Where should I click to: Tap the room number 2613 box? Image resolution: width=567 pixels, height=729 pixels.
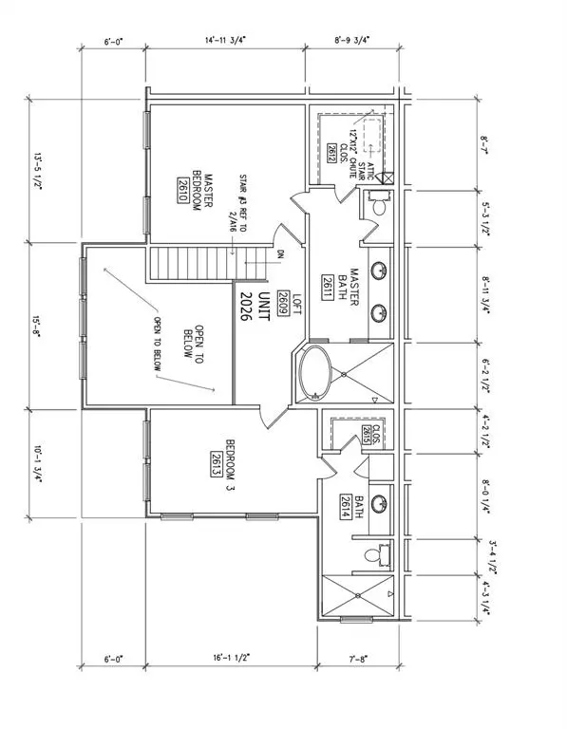217,462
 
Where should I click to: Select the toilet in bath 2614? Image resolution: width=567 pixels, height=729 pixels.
381,553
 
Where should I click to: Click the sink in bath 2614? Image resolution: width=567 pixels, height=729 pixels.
378,502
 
